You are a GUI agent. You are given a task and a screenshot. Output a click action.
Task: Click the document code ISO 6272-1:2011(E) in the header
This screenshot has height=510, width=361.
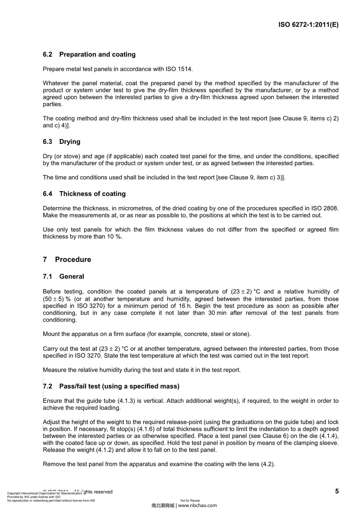click(x=308, y=25)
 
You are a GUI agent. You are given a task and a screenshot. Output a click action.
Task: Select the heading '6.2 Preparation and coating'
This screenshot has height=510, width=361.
click(x=89, y=54)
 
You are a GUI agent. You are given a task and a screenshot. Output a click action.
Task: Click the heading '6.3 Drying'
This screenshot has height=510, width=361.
click(x=61, y=141)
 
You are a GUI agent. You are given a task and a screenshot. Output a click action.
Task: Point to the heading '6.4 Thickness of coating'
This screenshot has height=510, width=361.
click(x=84, y=194)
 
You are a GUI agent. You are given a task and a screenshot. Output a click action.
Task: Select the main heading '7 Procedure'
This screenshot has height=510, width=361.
click(x=67, y=260)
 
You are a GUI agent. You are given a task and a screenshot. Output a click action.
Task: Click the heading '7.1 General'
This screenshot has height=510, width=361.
click(x=63, y=277)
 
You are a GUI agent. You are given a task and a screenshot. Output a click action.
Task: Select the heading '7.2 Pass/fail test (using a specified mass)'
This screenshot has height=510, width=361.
click(x=111, y=386)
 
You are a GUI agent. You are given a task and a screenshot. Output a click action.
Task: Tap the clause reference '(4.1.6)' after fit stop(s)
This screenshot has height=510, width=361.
click(x=146, y=429)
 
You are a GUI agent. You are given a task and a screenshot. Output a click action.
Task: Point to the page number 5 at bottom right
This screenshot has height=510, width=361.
click(x=337, y=491)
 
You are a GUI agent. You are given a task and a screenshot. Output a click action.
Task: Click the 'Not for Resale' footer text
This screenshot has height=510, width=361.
click(x=190, y=501)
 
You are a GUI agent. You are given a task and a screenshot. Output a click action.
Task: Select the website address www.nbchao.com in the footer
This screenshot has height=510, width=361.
click(x=197, y=505)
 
